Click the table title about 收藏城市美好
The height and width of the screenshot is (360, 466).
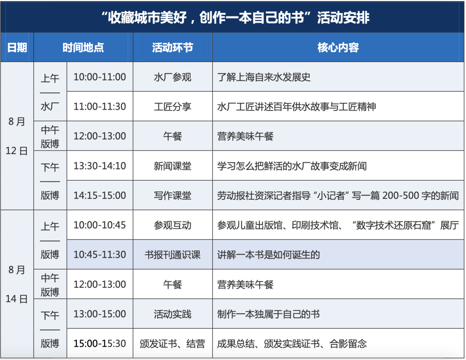point(235,17)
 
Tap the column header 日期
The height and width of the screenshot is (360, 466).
point(17,47)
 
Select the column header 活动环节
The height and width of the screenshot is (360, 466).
point(173,47)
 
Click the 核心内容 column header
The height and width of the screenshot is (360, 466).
point(338,47)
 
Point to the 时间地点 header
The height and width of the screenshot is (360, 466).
point(83,47)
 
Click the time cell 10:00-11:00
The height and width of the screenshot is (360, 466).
point(100,77)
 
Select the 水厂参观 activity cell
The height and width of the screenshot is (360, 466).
point(173,77)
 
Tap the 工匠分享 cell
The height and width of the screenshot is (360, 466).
point(173,107)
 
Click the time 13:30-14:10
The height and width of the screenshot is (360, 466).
point(100,166)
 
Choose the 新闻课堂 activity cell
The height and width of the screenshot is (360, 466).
point(173,166)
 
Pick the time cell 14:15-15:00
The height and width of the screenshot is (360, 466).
point(100,195)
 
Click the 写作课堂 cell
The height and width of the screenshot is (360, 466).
point(173,195)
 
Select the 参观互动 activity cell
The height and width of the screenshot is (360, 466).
point(173,225)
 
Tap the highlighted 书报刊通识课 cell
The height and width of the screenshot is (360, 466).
point(173,255)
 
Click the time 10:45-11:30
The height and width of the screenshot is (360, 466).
point(100,255)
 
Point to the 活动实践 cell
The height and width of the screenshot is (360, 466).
point(173,314)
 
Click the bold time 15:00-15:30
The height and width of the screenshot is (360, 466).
point(100,343)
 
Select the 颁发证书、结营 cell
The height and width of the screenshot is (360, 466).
point(173,344)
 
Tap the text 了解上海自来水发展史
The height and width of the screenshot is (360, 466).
point(264,77)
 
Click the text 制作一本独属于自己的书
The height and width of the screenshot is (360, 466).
point(268,314)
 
